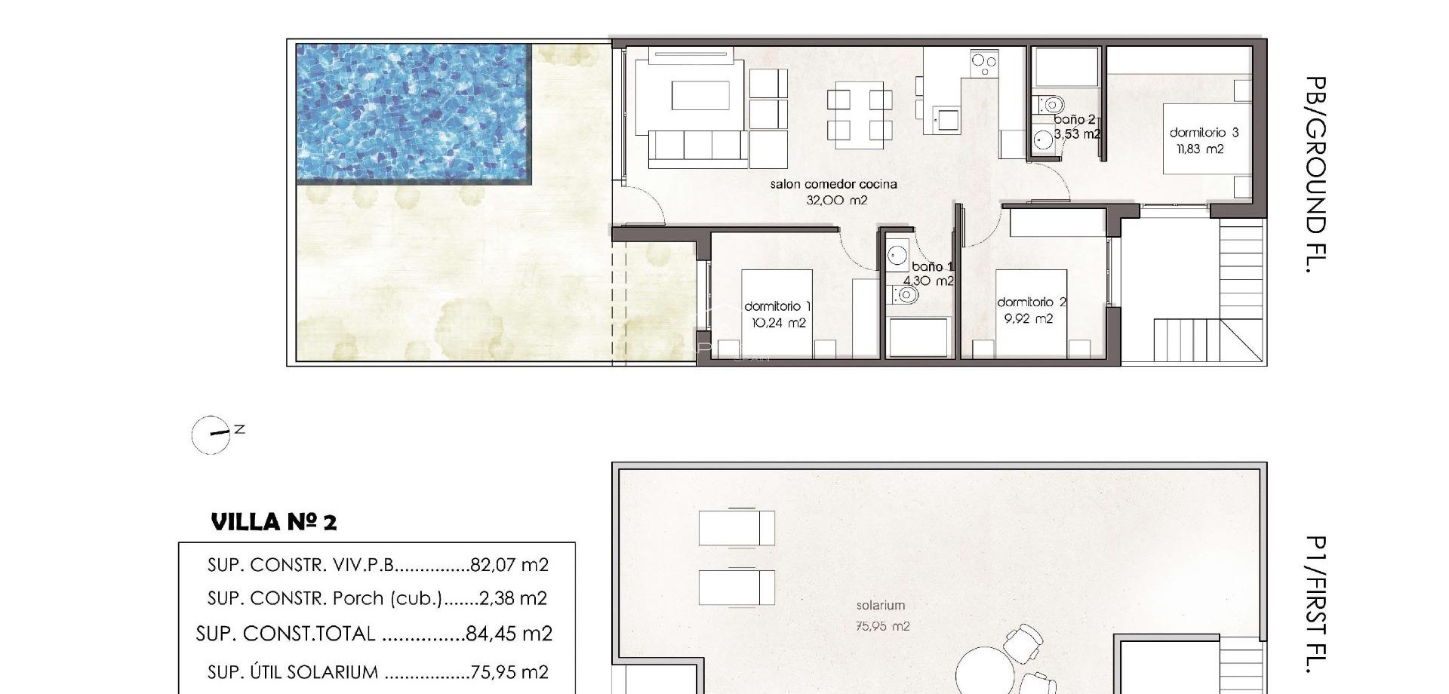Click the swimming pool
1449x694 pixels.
pyautogui.click(x=414, y=113)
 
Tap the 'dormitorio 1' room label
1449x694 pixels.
pyautogui.click(x=777, y=306)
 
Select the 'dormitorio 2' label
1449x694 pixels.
pyautogui.click(x=1031, y=302)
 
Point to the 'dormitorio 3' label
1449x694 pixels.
pyautogui.click(x=1204, y=133)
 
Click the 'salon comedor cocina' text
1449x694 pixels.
pyautogui.click(x=833, y=184)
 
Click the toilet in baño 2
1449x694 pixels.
pyautogui.click(x=1051, y=104)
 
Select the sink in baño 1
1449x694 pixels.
pyautogui.click(x=897, y=255)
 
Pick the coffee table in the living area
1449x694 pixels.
pyautogui.click(x=700, y=96)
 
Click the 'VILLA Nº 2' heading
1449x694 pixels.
pyautogui.click(x=274, y=522)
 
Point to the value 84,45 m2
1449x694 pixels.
pyautogui.click(x=509, y=634)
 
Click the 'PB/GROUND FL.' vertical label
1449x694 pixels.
pyautogui.click(x=1315, y=173)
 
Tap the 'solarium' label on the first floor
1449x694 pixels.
pyautogui.click(x=880, y=605)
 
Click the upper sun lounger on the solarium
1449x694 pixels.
pyautogui.click(x=737, y=527)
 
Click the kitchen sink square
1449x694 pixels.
pyautogui.click(x=946, y=118)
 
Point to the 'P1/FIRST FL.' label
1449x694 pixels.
pyautogui.click(x=1315, y=603)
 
